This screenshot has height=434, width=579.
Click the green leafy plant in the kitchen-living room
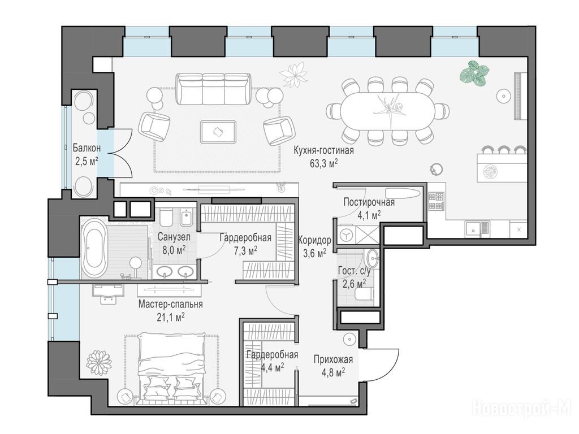474,72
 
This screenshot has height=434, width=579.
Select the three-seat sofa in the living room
213,89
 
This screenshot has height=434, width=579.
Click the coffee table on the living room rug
218,131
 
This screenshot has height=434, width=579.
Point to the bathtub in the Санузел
94,248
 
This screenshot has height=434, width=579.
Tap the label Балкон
87,148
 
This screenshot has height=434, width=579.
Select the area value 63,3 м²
324,163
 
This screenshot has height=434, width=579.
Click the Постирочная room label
369,202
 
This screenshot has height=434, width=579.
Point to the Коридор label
314,240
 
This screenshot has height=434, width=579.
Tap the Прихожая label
333,359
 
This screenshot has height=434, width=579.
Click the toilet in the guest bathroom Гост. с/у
364,294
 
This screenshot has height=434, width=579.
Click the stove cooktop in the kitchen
436,201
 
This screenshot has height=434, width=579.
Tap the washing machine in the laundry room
347,235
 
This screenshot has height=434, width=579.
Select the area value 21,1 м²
171,317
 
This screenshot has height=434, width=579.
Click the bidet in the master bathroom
186,218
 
